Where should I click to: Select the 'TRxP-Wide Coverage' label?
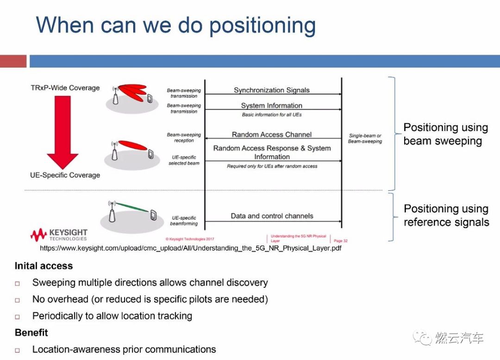(65, 88)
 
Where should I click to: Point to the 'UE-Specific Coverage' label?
(65, 175)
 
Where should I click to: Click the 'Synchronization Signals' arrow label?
(272, 90)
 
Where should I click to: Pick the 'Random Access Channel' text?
(272, 135)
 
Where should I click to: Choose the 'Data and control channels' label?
(272, 216)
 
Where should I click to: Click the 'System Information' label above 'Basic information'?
(272, 106)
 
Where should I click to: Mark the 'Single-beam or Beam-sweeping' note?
(365, 138)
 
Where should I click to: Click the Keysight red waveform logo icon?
(38, 235)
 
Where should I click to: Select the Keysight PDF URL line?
(191, 248)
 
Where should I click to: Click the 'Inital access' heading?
(44, 266)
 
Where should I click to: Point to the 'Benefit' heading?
(31, 333)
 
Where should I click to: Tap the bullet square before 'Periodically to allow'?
(18, 317)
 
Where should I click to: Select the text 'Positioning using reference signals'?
(446, 216)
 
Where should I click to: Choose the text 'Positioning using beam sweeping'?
(445, 134)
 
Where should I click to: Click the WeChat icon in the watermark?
(422, 338)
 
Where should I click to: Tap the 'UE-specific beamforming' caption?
(184, 221)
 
